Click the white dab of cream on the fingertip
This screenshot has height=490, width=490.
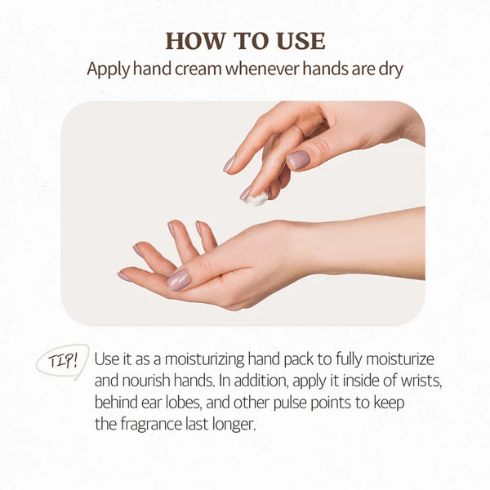click(256, 198)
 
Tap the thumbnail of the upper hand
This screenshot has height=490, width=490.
click(298, 159)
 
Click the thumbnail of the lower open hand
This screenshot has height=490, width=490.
click(179, 279)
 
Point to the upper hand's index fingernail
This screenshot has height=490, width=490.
click(229, 163)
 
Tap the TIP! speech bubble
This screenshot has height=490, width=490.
click(62, 361)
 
